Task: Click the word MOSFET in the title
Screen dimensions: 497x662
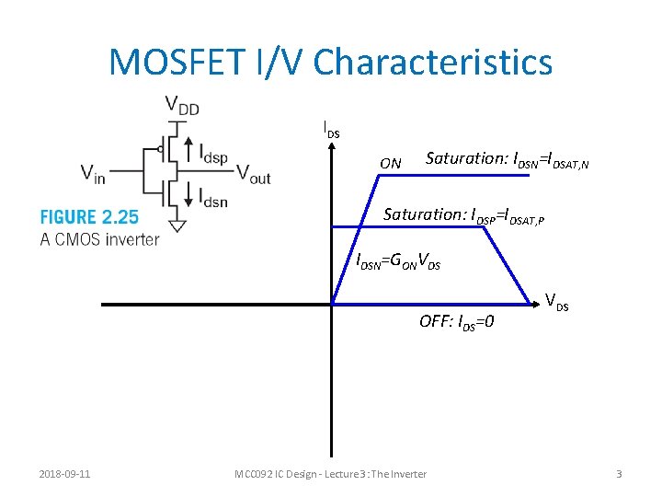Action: click(x=178, y=62)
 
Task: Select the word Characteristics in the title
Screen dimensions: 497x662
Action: click(x=433, y=62)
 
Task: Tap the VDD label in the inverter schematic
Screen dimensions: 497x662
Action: click(x=181, y=107)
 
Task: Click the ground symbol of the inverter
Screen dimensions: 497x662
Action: click(x=177, y=225)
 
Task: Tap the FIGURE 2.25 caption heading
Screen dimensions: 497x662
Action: click(x=89, y=217)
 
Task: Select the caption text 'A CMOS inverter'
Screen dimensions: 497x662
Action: click(x=99, y=239)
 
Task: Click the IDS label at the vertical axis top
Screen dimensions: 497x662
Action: click(x=331, y=130)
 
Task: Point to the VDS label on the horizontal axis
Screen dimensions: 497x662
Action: click(x=556, y=301)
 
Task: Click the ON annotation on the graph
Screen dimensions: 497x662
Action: click(x=391, y=164)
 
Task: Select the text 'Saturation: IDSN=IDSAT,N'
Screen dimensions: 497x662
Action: click(x=507, y=159)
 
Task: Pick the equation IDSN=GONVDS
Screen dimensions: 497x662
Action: click(x=398, y=261)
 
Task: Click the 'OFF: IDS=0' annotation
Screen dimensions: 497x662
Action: click(x=457, y=322)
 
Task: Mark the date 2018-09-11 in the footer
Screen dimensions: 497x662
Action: click(x=63, y=474)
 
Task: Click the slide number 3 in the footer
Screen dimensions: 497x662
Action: click(x=619, y=474)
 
